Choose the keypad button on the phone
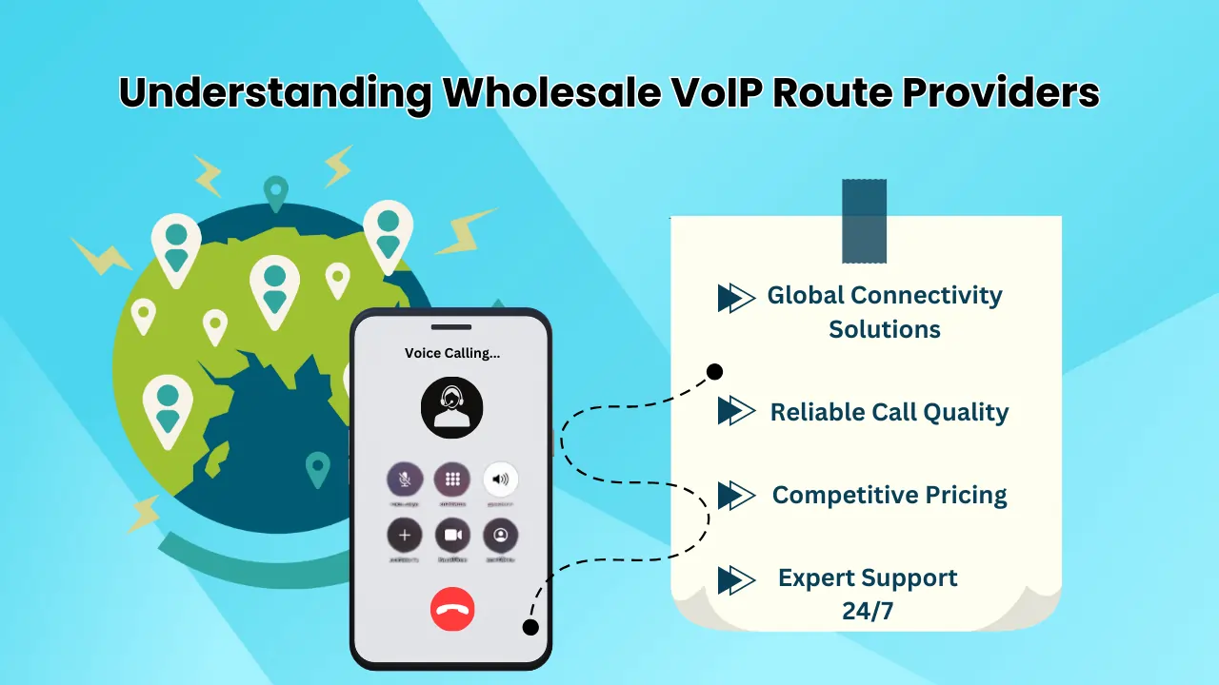(452, 479)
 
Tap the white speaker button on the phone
(500, 479)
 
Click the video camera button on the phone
(452, 536)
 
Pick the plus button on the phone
(405, 536)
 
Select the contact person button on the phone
(500, 536)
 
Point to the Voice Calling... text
(452, 353)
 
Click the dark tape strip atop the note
(864, 221)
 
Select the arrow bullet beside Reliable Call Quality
(735, 411)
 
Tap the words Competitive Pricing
(889, 495)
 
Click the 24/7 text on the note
(868, 611)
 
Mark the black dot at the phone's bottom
(530, 627)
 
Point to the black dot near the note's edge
(714, 371)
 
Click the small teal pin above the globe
(275, 192)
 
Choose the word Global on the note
(806, 296)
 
